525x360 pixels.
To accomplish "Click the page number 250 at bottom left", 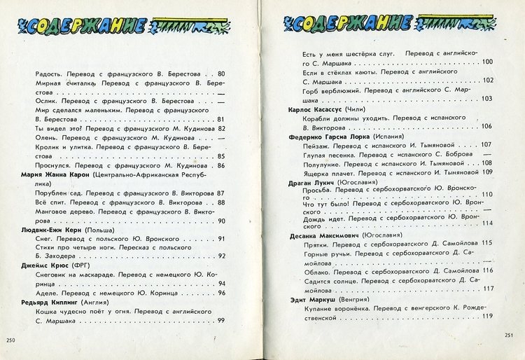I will tap(10, 340).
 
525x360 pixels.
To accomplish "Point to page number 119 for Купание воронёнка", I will tap(487, 317).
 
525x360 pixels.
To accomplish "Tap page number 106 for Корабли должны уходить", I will tap(487, 127).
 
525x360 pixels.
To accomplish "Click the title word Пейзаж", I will tap(315, 145).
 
